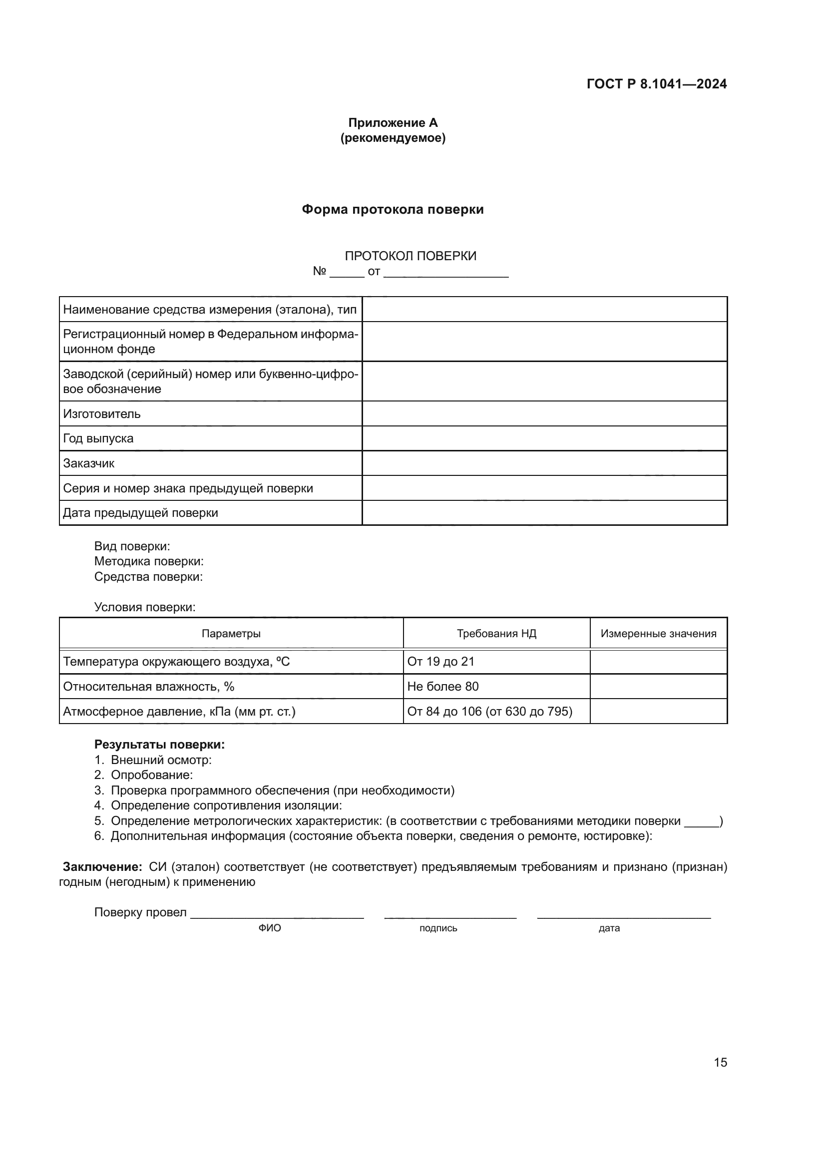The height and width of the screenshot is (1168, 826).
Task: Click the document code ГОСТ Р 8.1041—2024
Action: (x=656, y=84)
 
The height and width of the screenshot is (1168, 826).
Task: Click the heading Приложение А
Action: (x=393, y=123)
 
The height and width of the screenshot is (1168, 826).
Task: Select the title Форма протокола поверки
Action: (x=393, y=210)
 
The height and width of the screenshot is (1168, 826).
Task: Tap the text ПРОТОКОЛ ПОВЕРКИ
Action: (x=411, y=256)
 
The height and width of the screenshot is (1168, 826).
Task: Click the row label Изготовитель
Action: (x=102, y=413)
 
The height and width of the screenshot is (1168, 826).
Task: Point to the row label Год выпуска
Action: (x=98, y=438)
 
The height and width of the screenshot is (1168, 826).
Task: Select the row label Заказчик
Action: (x=88, y=463)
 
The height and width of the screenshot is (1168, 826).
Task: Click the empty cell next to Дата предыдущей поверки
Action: (x=544, y=513)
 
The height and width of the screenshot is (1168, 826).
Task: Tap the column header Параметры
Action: (x=231, y=633)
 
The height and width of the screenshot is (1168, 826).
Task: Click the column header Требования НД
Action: (x=496, y=633)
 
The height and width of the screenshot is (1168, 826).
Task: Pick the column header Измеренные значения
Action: (x=658, y=633)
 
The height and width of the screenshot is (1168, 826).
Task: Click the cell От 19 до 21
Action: (x=440, y=661)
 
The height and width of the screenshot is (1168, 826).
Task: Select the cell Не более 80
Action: (x=442, y=686)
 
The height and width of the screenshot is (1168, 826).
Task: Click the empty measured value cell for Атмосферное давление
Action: (x=658, y=711)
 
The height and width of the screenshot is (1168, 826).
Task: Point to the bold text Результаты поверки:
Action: (x=159, y=744)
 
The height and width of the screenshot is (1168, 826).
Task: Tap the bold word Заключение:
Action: (x=102, y=866)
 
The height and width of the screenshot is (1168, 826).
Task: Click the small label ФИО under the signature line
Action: (x=270, y=928)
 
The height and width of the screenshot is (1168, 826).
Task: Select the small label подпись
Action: (x=438, y=928)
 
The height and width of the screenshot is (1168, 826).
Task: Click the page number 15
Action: (x=720, y=1062)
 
